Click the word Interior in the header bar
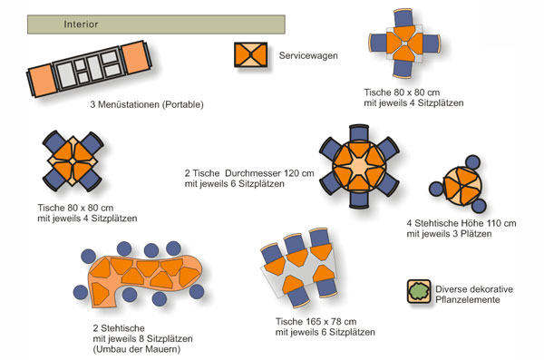point(81,24)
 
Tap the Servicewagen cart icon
point(250,54)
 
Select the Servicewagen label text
point(308,55)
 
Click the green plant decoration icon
point(419,291)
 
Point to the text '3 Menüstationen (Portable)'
point(147,104)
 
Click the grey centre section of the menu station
point(90,68)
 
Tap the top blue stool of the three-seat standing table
point(472,162)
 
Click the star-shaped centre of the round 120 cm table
point(359,166)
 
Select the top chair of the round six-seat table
point(359,132)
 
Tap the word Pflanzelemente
point(468,299)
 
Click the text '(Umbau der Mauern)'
point(137,349)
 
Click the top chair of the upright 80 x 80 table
point(403,18)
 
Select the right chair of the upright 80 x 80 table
point(432,44)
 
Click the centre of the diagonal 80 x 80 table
point(73,161)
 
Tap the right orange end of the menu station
point(136,57)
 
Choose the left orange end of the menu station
point(42,82)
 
